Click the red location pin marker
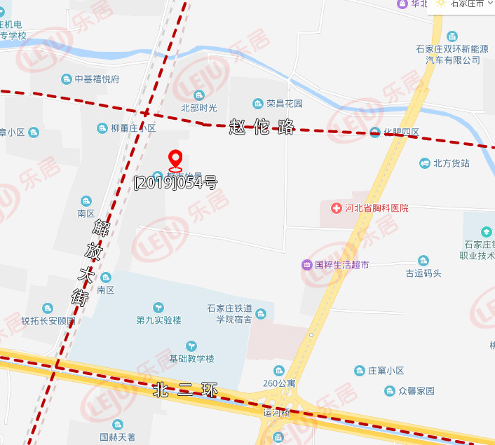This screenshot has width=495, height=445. click(175, 160)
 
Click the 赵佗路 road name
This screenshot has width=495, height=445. click(262, 128)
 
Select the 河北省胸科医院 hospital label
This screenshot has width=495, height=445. click(376, 208)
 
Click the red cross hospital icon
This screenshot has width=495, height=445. click(336, 208)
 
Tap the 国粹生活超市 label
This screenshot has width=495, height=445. click(341, 265)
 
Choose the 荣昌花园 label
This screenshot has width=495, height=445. click(284, 104)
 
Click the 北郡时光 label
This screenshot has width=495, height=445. click(199, 108)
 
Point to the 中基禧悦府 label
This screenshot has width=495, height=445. click(97, 79)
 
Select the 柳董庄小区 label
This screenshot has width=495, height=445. click(133, 128)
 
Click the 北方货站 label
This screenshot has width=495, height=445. click(451, 163)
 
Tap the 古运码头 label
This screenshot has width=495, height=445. click(423, 273)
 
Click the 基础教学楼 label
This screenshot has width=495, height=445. click(191, 358)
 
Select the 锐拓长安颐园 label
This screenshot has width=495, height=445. click(48, 321)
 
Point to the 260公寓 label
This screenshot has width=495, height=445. click(278, 383)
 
